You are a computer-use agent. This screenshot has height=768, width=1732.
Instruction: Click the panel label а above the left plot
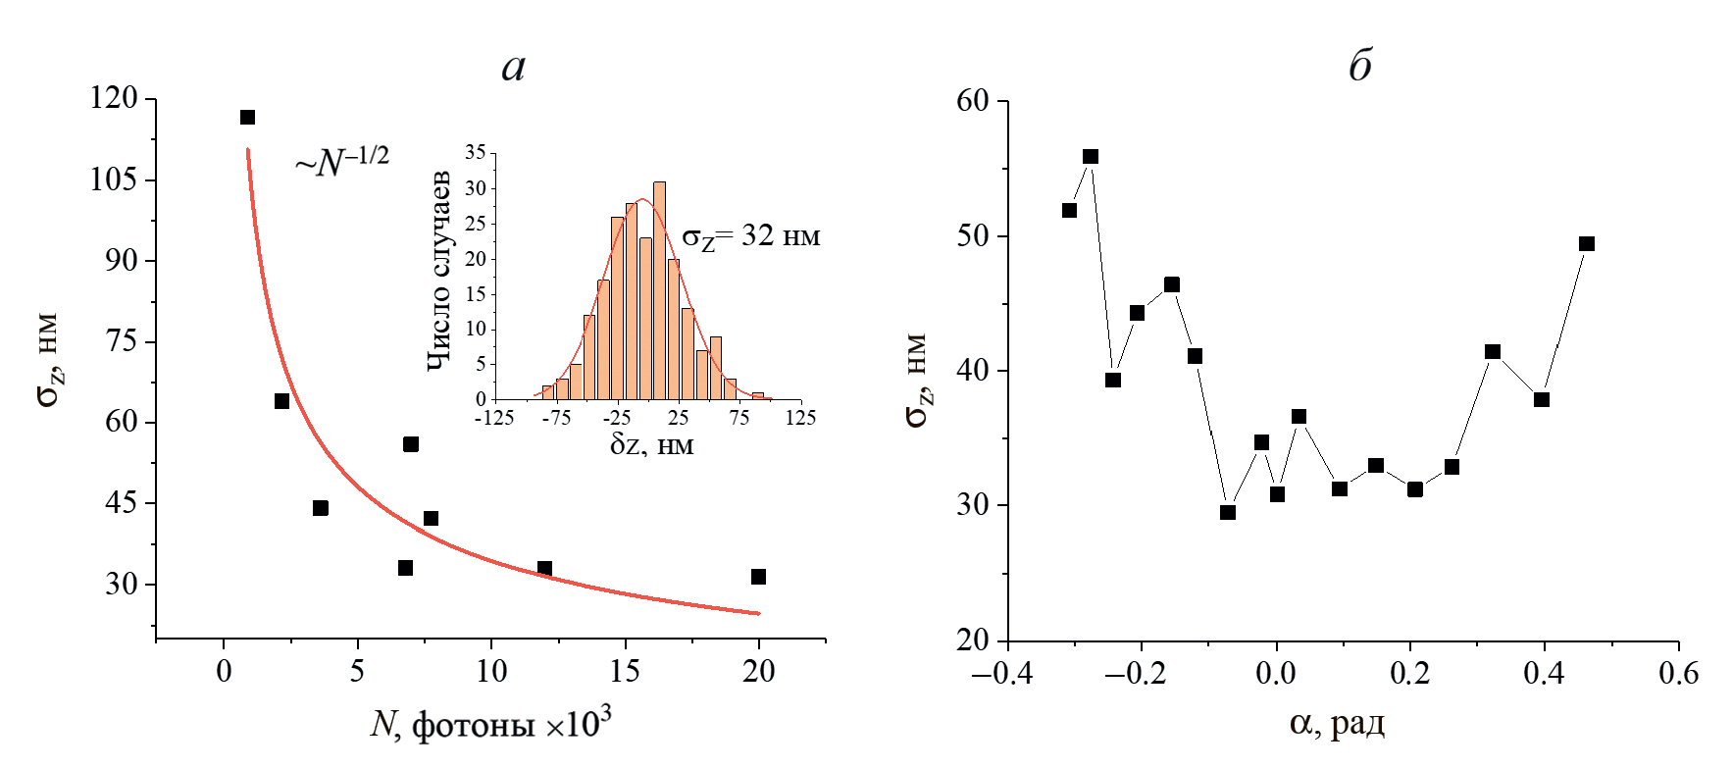click(x=514, y=67)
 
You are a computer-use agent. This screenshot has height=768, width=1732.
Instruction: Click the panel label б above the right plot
click(x=1359, y=66)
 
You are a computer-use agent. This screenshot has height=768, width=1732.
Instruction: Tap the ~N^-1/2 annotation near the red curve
click(x=342, y=160)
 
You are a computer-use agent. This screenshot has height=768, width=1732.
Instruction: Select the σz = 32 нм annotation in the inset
click(x=750, y=236)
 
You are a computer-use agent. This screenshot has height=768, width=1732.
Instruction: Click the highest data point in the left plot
click(x=247, y=118)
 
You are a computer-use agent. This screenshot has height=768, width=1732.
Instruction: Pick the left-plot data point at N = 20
click(x=758, y=577)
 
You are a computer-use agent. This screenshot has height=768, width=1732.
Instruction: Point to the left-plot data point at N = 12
click(x=544, y=569)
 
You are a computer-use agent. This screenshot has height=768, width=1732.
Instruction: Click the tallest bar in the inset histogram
click(x=659, y=289)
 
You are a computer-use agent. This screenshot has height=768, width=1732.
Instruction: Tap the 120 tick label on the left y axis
click(x=114, y=98)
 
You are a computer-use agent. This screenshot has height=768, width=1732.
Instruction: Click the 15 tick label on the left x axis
click(x=625, y=671)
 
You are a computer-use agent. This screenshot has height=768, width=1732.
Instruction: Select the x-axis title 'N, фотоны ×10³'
click(x=491, y=725)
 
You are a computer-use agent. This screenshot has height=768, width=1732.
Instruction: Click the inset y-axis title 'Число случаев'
click(x=438, y=271)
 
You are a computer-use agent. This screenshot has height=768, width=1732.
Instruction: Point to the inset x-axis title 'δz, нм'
click(x=651, y=444)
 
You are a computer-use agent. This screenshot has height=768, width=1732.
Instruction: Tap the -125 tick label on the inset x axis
click(x=494, y=418)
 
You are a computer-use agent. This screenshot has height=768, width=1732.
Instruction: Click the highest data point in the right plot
click(x=1090, y=157)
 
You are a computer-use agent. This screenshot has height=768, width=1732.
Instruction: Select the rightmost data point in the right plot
click(x=1587, y=244)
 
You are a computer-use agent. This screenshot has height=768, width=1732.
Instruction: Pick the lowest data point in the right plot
click(x=1227, y=512)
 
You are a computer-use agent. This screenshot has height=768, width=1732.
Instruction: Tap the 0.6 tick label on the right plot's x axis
click(x=1677, y=673)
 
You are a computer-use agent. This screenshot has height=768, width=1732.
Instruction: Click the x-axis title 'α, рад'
click(x=1337, y=724)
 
